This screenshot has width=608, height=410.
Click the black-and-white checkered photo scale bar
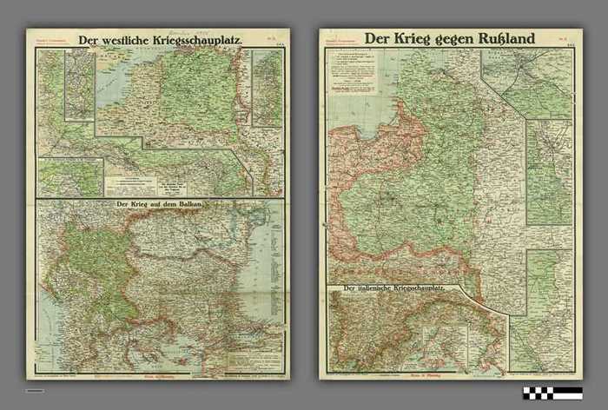pos(552,393)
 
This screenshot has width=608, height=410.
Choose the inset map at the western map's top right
pos(268,87)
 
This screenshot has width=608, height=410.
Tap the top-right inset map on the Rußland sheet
pos(526,83)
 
